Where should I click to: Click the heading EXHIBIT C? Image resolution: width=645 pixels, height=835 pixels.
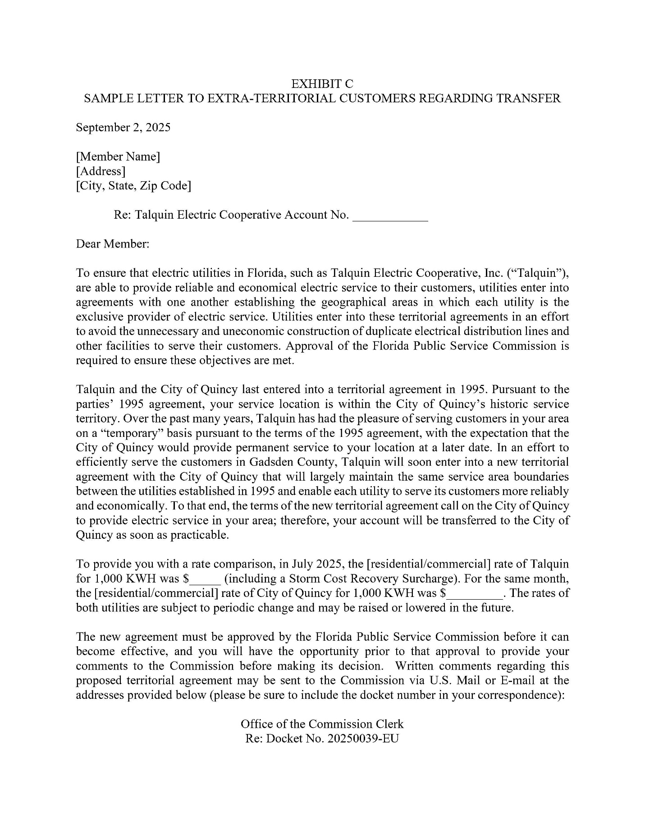(x=322, y=84)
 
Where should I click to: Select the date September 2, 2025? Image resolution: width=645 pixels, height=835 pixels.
(x=123, y=128)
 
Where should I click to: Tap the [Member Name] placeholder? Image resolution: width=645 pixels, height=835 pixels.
(x=118, y=156)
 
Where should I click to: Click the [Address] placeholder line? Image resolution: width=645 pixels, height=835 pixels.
(x=101, y=171)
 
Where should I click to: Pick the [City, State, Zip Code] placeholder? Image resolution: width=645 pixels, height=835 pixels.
(x=133, y=185)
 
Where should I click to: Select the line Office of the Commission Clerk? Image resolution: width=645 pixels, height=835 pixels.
(x=322, y=724)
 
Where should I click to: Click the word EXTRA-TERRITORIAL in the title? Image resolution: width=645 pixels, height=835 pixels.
(x=271, y=98)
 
